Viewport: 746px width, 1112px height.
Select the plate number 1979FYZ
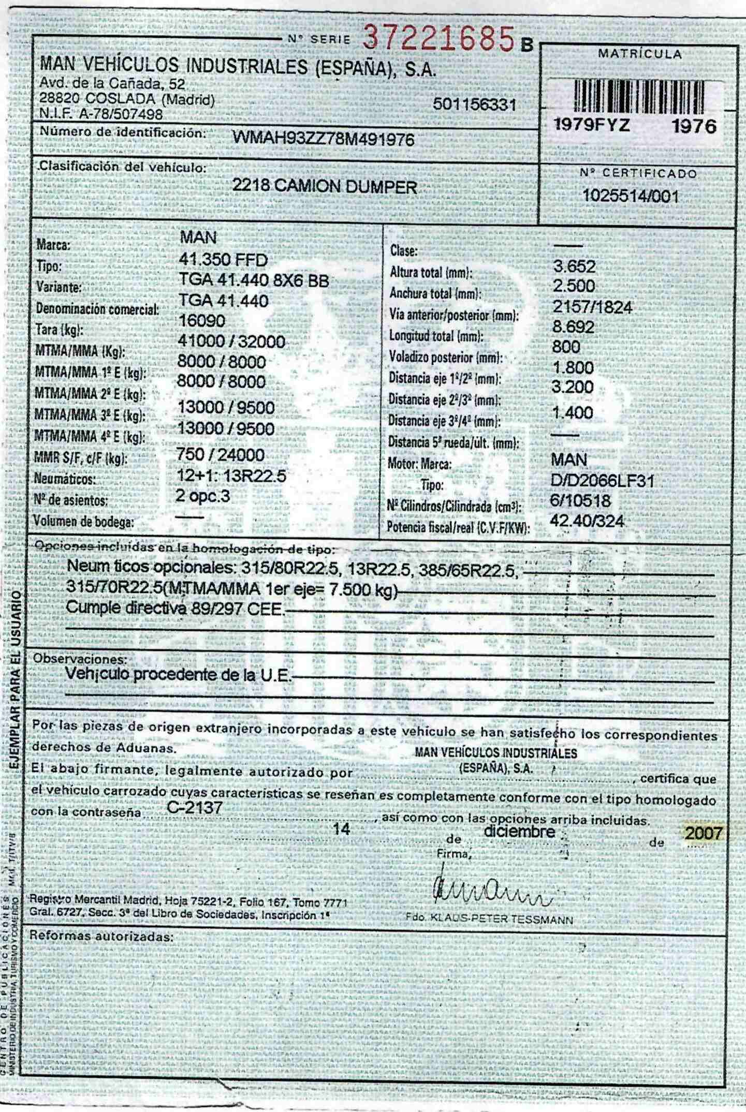tap(592, 125)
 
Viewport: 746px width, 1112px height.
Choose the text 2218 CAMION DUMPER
tap(324, 187)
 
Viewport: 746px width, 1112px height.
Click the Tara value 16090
tap(202, 321)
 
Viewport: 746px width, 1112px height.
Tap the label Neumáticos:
tap(65, 479)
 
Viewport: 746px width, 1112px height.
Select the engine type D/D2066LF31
tap(602, 481)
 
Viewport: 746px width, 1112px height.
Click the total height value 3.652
tap(574, 266)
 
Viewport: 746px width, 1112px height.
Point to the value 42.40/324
tap(587, 521)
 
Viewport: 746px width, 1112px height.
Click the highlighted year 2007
tap(703, 833)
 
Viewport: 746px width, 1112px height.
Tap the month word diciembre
tap(519, 832)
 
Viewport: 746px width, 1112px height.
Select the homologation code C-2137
tap(195, 808)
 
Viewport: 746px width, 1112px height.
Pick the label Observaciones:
tap(80, 660)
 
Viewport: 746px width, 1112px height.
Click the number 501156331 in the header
tap(474, 105)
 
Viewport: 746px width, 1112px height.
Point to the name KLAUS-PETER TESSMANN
tap(502, 920)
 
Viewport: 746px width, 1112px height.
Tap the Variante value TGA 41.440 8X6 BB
tap(254, 280)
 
